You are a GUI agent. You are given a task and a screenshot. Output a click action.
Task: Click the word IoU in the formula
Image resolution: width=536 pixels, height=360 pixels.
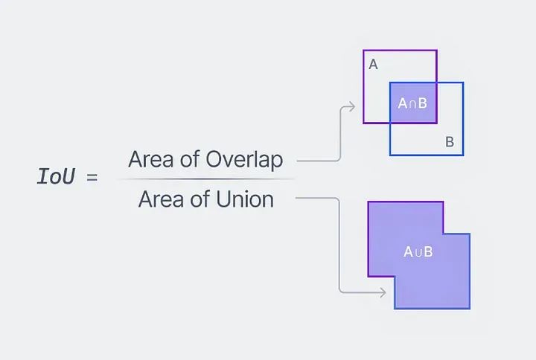(56, 178)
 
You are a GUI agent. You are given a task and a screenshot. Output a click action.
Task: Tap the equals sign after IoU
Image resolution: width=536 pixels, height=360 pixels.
(92, 179)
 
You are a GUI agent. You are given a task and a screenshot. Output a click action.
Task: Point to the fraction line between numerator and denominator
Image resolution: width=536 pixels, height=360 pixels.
(205, 179)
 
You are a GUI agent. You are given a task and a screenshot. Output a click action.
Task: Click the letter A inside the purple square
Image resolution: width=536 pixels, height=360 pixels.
(373, 65)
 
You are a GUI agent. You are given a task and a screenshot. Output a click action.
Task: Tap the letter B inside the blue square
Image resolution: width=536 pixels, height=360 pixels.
(450, 141)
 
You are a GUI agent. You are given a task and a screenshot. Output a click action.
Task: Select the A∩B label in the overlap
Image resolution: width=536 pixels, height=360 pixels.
(412, 103)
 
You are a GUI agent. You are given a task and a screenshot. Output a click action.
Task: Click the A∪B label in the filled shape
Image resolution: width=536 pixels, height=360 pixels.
(418, 251)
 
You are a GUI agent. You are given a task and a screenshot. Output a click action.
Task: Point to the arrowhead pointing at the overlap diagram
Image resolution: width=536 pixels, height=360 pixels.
(352, 107)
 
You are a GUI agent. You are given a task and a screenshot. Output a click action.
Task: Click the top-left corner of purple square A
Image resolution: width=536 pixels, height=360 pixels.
(364, 51)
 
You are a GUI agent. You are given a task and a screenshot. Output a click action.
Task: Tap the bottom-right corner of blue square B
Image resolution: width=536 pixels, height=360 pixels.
(463, 155)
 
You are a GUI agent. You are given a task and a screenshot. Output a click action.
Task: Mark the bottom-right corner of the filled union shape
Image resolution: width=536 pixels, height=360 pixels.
(470, 308)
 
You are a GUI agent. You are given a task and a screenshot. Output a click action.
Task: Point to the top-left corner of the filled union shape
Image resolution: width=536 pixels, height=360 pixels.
(368, 202)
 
